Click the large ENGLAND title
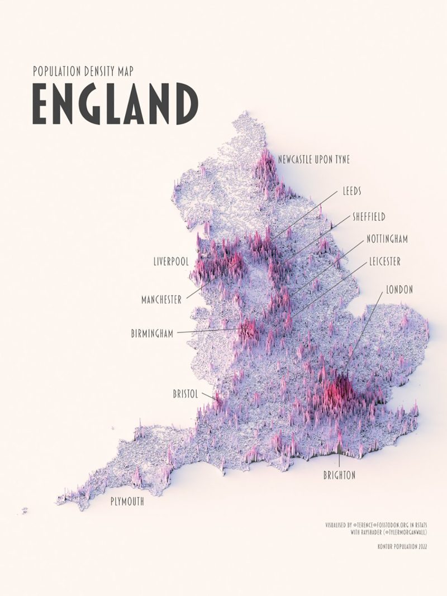(115, 104)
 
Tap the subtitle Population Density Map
(83, 71)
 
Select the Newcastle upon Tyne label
(314, 160)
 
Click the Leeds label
(351, 191)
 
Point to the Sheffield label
(369, 216)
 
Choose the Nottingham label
(387, 239)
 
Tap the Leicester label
(384, 261)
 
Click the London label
(400, 289)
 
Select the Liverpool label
(171, 261)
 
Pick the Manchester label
(161, 300)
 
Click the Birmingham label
(152, 333)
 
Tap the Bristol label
(186, 394)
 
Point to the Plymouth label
(126, 502)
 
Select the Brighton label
(339, 475)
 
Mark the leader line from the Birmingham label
(207, 331)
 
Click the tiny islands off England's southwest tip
(25, 509)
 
